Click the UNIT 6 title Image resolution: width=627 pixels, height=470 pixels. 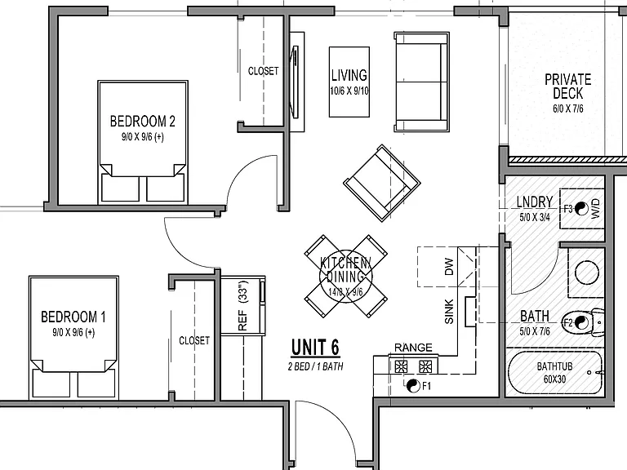[315, 347]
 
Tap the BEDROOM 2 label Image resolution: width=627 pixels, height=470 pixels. [143, 121]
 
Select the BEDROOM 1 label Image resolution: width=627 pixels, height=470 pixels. [73, 317]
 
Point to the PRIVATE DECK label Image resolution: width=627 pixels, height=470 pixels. [568, 86]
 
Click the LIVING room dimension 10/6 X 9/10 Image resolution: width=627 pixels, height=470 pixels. [349, 91]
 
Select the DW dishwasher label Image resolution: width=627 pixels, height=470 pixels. [450, 267]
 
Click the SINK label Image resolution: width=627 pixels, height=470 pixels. [450, 312]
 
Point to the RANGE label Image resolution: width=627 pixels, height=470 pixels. [413, 348]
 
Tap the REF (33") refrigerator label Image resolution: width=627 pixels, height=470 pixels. [242, 306]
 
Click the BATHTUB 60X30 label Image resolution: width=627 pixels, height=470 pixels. [554, 372]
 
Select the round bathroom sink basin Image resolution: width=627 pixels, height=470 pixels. [587, 273]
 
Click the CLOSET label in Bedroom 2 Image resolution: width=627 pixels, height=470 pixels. [263, 71]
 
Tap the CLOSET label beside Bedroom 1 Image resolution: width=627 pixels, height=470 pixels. [194, 340]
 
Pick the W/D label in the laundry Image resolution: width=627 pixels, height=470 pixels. [595, 209]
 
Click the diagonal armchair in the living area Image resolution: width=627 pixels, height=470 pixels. [382, 183]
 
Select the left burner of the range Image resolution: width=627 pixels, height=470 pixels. [401, 366]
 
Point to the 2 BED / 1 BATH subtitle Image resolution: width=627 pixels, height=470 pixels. [315, 366]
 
